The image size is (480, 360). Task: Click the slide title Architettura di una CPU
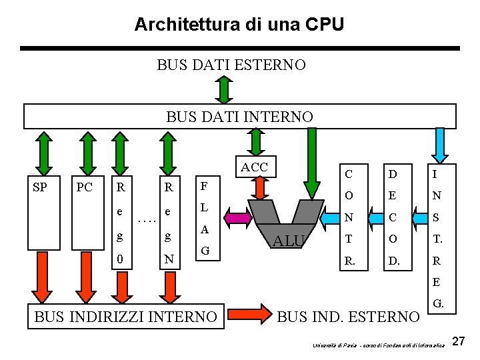click(239, 25)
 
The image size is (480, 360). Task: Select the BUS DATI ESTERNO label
click(231, 65)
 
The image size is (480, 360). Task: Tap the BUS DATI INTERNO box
click(239, 116)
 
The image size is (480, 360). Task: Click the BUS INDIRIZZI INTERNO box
click(125, 317)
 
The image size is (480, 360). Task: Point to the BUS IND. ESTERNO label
click(347, 317)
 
